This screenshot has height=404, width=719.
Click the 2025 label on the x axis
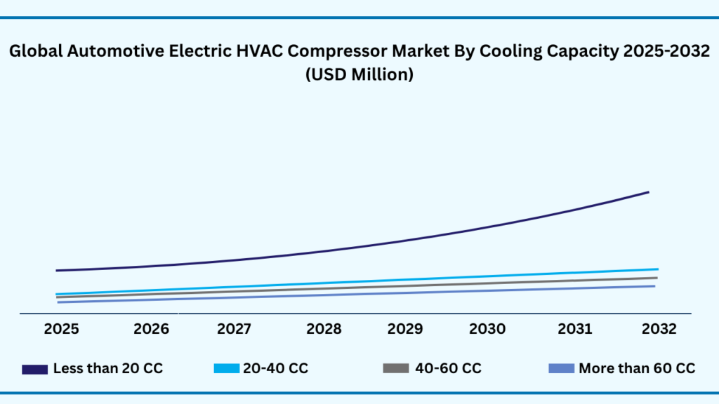61,329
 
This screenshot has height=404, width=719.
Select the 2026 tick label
152,329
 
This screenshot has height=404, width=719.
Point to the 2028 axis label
324,329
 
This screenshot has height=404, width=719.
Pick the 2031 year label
575,329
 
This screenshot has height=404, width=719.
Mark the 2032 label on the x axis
658,329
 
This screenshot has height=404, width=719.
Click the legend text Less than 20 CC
108,368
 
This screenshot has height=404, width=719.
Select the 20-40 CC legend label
275,368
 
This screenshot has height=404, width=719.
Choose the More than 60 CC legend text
637,368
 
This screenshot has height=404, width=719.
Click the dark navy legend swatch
34,369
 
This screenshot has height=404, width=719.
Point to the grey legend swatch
396,369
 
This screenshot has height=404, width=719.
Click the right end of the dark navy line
648,191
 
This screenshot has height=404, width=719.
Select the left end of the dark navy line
57,270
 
